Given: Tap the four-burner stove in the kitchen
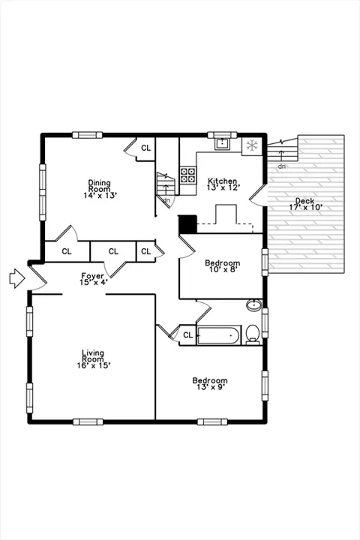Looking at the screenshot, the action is click(187, 175).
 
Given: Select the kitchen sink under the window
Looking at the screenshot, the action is click(222, 143).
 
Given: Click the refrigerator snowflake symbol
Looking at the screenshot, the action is click(252, 145).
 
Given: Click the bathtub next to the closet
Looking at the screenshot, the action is click(218, 335).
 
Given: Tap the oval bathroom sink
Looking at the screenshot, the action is click(254, 305).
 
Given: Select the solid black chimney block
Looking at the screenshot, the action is click(187, 224).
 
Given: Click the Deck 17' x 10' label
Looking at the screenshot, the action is click(305, 204).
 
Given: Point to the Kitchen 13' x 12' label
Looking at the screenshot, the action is click(223, 184).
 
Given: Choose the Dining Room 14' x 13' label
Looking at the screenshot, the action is click(100, 189).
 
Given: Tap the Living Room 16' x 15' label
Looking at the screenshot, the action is click(93, 359).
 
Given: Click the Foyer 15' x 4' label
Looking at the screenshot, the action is click(94, 279).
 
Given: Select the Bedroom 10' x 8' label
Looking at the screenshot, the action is click(223, 266).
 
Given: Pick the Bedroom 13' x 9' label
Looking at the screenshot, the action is click(210, 384).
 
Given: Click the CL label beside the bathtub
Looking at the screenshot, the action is click(187, 335).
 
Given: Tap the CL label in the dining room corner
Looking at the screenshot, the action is click(146, 148).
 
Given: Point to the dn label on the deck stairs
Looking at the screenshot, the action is click(282, 166).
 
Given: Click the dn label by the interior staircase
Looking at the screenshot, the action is click(166, 200).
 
